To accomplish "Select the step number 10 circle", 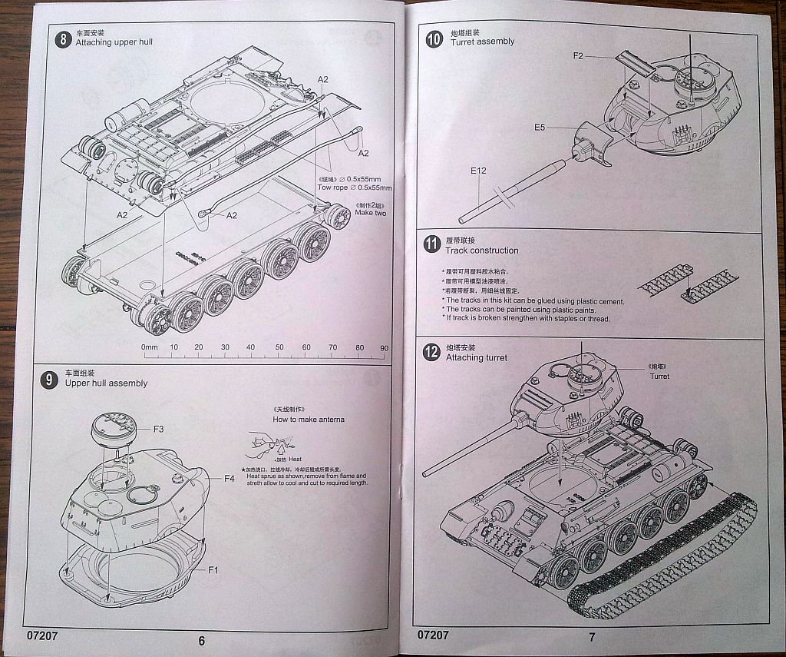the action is pyautogui.click(x=434, y=38).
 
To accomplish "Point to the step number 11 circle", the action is pyautogui.click(x=431, y=246).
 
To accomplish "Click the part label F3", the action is pyautogui.click(x=159, y=428).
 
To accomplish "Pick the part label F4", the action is pyautogui.click(x=229, y=479).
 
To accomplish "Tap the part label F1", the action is pyautogui.click(x=213, y=569).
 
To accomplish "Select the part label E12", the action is pyautogui.click(x=477, y=171).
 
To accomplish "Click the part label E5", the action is pyautogui.click(x=540, y=127).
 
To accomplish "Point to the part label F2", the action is pyautogui.click(x=578, y=55).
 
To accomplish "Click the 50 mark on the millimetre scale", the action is pyautogui.click(x=279, y=347).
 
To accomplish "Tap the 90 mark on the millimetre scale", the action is pyautogui.click(x=384, y=347).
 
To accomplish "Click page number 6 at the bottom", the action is pyautogui.click(x=201, y=641).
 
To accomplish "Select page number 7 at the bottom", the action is pyautogui.click(x=592, y=636).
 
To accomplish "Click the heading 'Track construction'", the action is pyautogui.click(x=481, y=251).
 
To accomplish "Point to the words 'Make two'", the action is pyautogui.click(x=370, y=213).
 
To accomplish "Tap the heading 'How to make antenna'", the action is pyautogui.click(x=309, y=420).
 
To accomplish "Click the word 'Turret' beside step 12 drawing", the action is pyautogui.click(x=659, y=377).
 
